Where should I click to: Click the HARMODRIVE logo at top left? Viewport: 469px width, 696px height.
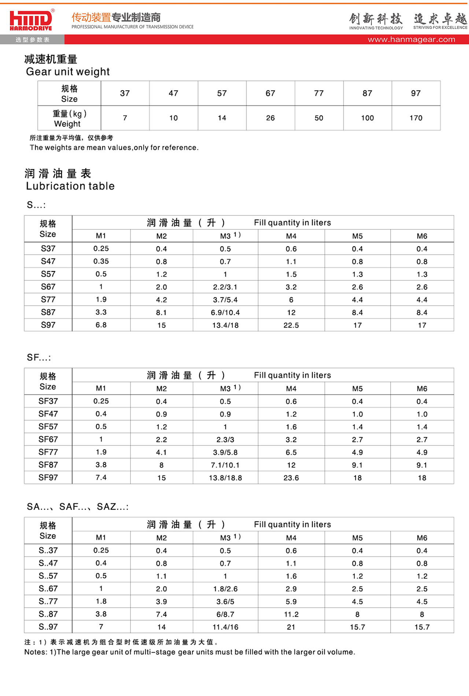coord(31,21)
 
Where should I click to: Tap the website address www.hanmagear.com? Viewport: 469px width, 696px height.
coord(411,40)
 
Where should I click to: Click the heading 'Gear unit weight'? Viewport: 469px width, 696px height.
coord(68,72)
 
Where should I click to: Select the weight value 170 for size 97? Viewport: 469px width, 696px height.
coord(416,118)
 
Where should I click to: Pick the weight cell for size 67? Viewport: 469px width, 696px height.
coord(270,118)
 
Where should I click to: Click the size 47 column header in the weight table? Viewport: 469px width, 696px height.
coord(173,93)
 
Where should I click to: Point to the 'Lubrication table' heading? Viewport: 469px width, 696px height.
coord(70,186)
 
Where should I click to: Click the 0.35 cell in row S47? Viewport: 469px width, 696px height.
coord(101,262)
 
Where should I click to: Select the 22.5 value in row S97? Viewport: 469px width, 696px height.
coord(291,325)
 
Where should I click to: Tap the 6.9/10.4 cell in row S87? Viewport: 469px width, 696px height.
coord(225,312)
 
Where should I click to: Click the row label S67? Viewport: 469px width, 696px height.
coord(48,287)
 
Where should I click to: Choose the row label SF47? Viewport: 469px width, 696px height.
coord(48,414)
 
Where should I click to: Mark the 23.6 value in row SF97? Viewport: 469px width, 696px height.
coord(291,478)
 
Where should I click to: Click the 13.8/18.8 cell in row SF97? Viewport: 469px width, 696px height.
coord(225,478)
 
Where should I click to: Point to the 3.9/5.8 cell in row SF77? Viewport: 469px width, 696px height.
coord(225,452)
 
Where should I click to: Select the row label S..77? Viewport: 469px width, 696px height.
coord(48,601)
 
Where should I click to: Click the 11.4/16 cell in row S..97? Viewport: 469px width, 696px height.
coord(225,627)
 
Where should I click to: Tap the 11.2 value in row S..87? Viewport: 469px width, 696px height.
coord(291,614)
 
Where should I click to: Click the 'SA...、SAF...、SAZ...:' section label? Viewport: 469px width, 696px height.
coord(78,507)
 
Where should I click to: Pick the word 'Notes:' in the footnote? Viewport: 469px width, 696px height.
coord(36,652)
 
